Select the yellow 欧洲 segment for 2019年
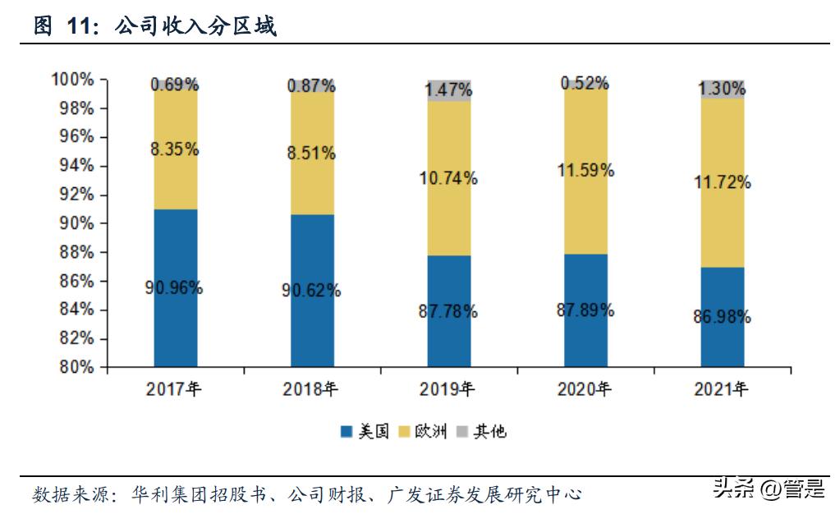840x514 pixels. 449,178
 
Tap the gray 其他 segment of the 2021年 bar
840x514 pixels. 723,89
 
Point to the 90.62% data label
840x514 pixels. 313,291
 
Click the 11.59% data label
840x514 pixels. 586,171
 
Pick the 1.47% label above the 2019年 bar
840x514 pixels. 449,89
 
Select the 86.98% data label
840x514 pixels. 723,317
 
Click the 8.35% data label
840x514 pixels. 175,149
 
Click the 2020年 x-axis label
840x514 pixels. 585,389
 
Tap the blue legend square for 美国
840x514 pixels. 347,431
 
